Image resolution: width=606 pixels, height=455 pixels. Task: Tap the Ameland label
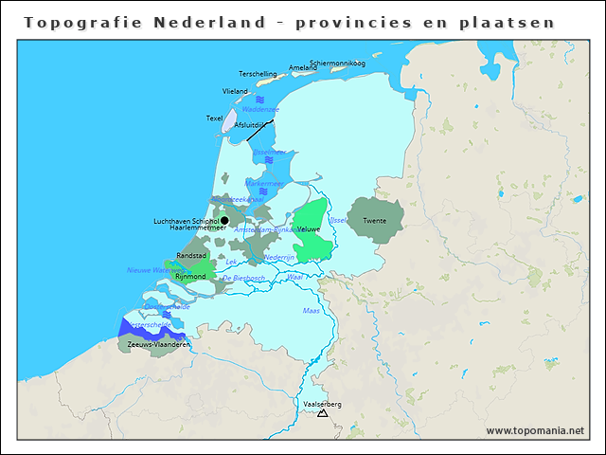(x=303, y=68)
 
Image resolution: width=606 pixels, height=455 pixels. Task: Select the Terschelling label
(x=258, y=74)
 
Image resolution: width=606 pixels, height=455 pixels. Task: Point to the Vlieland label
(x=235, y=92)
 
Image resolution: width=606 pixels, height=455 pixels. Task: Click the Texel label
(x=214, y=118)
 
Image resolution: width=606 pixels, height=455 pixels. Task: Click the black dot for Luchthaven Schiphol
(x=224, y=220)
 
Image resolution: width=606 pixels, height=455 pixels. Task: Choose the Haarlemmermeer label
(x=198, y=228)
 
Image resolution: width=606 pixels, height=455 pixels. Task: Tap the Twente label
(x=374, y=221)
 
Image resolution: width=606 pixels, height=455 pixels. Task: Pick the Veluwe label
(x=309, y=229)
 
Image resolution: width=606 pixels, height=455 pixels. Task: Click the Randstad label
(x=192, y=256)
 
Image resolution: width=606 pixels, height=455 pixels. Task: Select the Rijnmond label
(x=190, y=277)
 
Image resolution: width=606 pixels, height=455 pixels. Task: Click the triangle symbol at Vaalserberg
(x=323, y=413)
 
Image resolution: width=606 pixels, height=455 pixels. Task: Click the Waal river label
(x=294, y=277)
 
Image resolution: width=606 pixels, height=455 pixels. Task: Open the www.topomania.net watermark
(x=535, y=430)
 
